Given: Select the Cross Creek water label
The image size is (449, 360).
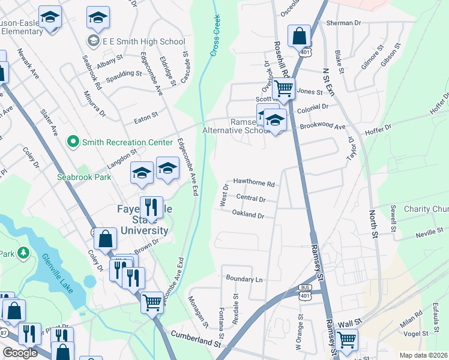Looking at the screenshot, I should point(215,37).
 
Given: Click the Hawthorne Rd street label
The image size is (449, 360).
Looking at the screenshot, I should point(253,184).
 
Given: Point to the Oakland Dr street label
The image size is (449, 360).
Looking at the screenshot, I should point(248,214).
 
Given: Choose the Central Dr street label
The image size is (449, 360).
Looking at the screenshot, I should point(251,198).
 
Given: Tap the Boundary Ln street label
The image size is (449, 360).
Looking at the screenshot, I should point(244,280).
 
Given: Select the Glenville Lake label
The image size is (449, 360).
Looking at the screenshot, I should point(58,274).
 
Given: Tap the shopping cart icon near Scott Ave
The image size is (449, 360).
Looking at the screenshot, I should point(283,89).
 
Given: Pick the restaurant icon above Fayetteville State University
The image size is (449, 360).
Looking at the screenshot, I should point(151,208).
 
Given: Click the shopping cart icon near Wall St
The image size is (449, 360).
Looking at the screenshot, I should point(346,339).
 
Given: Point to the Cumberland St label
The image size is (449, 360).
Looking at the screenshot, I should point(196,339).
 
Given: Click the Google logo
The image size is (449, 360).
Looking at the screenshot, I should point(20,353).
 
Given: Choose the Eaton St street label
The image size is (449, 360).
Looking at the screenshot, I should point(146,117).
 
